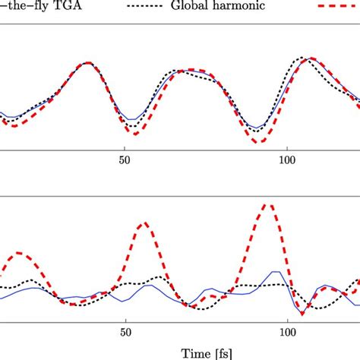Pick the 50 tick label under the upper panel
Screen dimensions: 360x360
tap(126, 162)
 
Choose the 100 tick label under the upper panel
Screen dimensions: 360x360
tap(288, 162)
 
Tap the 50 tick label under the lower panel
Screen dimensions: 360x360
tap(126, 331)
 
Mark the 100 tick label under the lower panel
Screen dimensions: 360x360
tap(288, 331)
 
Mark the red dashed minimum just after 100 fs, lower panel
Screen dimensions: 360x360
tap(302, 313)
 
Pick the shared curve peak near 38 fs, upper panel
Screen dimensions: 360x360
tap(88, 63)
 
